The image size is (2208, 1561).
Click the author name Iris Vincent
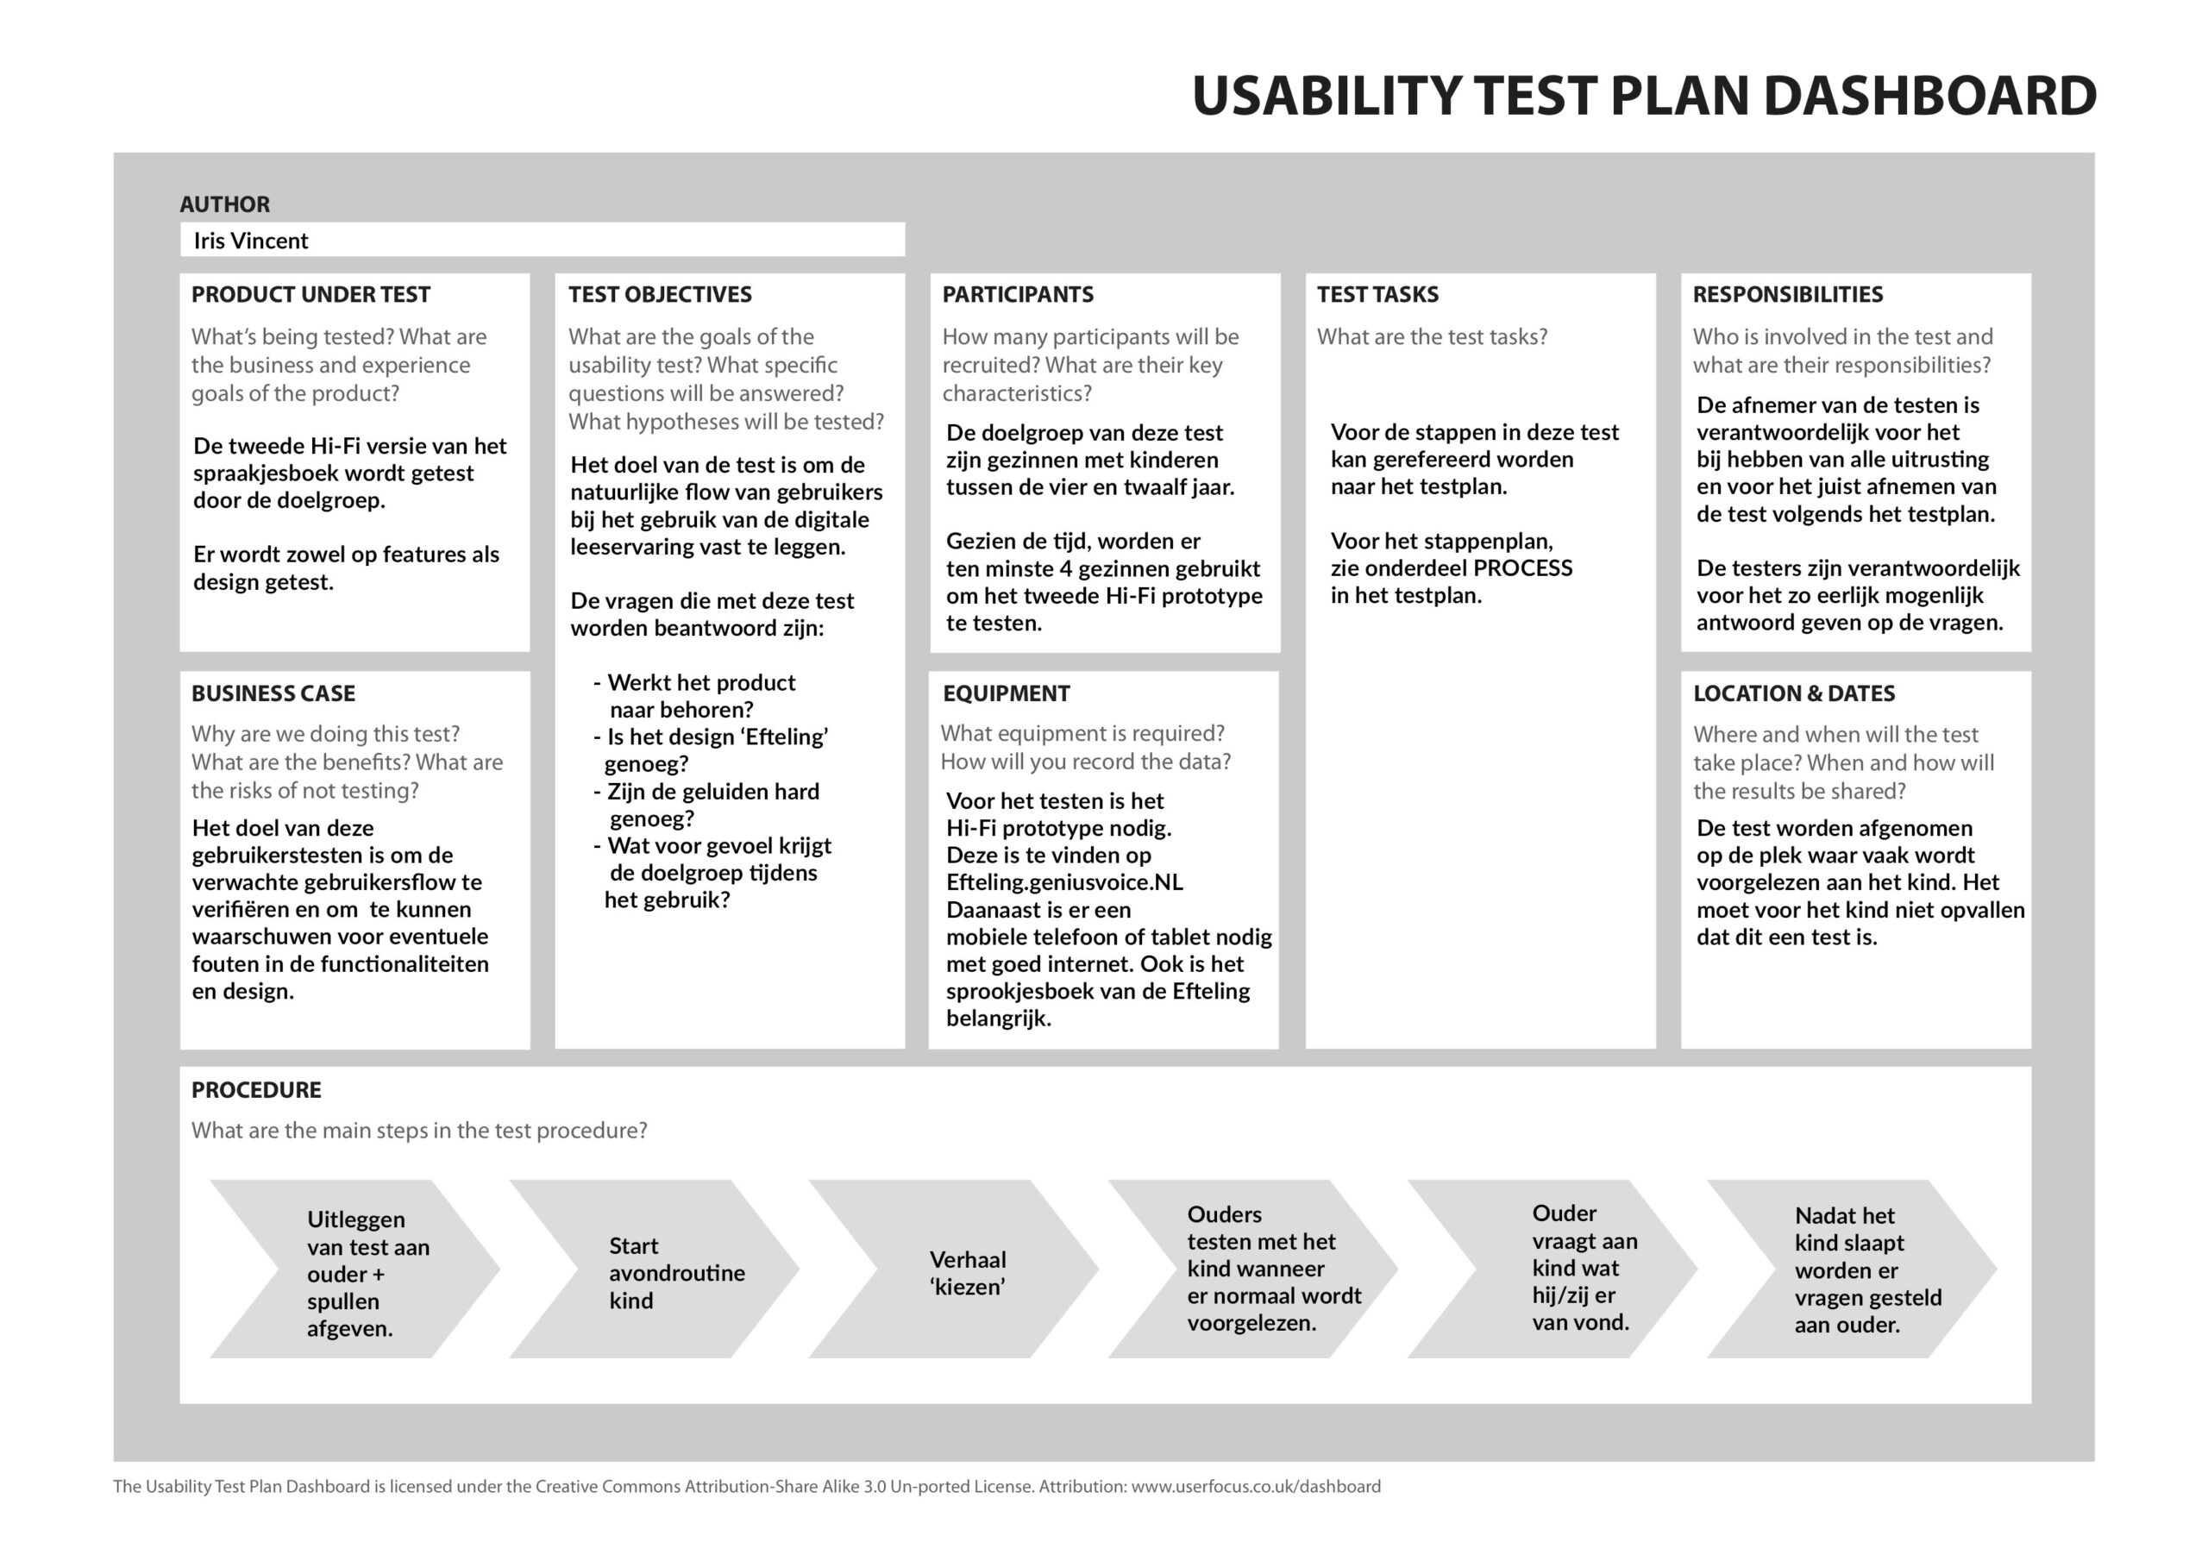click(251, 241)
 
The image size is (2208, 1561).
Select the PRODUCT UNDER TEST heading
click(310, 294)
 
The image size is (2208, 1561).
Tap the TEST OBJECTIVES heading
click(660, 294)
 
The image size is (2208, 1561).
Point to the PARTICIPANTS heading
click(1018, 294)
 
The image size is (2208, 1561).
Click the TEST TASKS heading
click(1377, 294)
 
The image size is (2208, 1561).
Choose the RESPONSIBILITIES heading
click(1788, 294)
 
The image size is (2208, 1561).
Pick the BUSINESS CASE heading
click(273, 693)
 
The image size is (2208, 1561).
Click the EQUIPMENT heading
click(1006, 693)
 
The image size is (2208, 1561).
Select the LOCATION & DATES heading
click(1793, 693)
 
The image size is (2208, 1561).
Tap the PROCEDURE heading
click(256, 1090)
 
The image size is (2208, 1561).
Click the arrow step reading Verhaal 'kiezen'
click(953, 1269)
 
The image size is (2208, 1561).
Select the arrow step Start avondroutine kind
click(654, 1269)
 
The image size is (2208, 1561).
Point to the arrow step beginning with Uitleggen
click(354, 1269)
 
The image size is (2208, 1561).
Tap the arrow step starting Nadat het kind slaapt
click(1851, 1269)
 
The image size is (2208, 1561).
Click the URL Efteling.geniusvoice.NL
click(1064, 882)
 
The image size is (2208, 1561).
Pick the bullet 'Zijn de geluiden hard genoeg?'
click(707, 805)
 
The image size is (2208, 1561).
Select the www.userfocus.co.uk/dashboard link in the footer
click(1256, 1486)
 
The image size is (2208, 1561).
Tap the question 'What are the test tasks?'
click(1432, 336)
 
